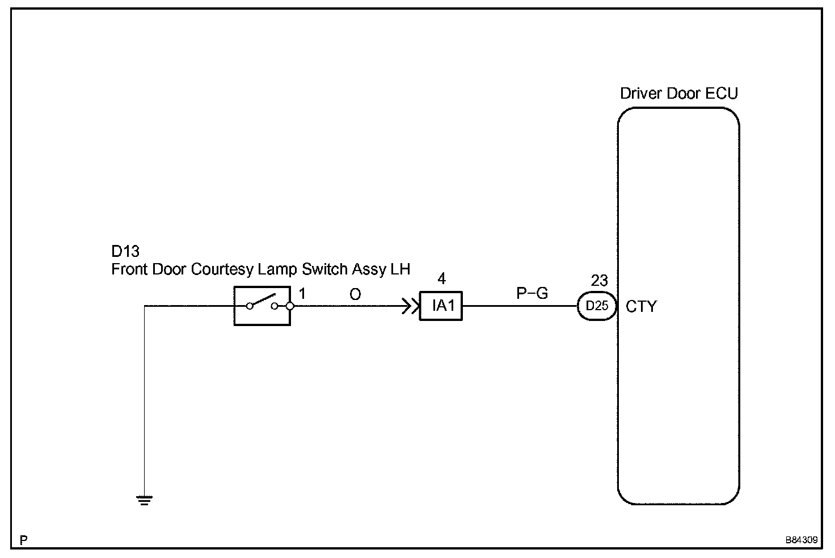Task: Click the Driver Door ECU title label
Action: click(x=679, y=93)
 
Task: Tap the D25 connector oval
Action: click(x=597, y=306)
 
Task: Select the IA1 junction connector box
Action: click(x=441, y=306)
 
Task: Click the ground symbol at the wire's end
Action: click(x=144, y=500)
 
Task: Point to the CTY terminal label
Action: click(x=641, y=307)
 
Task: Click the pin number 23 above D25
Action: click(x=599, y=281)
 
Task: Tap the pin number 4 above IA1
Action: click(x=442, y=278)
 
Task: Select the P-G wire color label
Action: click(x=532, y=293)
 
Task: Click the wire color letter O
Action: click(x=355, y=294)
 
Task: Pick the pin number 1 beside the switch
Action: click(x=302, y=294)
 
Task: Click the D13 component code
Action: click(x=125, y=252)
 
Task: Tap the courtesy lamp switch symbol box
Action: click(x=262, y=306)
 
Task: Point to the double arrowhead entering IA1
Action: click(x=411, y=306)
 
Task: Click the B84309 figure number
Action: click(x=802, y=540)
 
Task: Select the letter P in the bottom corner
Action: click(x=23, y=540)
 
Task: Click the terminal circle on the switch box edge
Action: click(x=290, y=306)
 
